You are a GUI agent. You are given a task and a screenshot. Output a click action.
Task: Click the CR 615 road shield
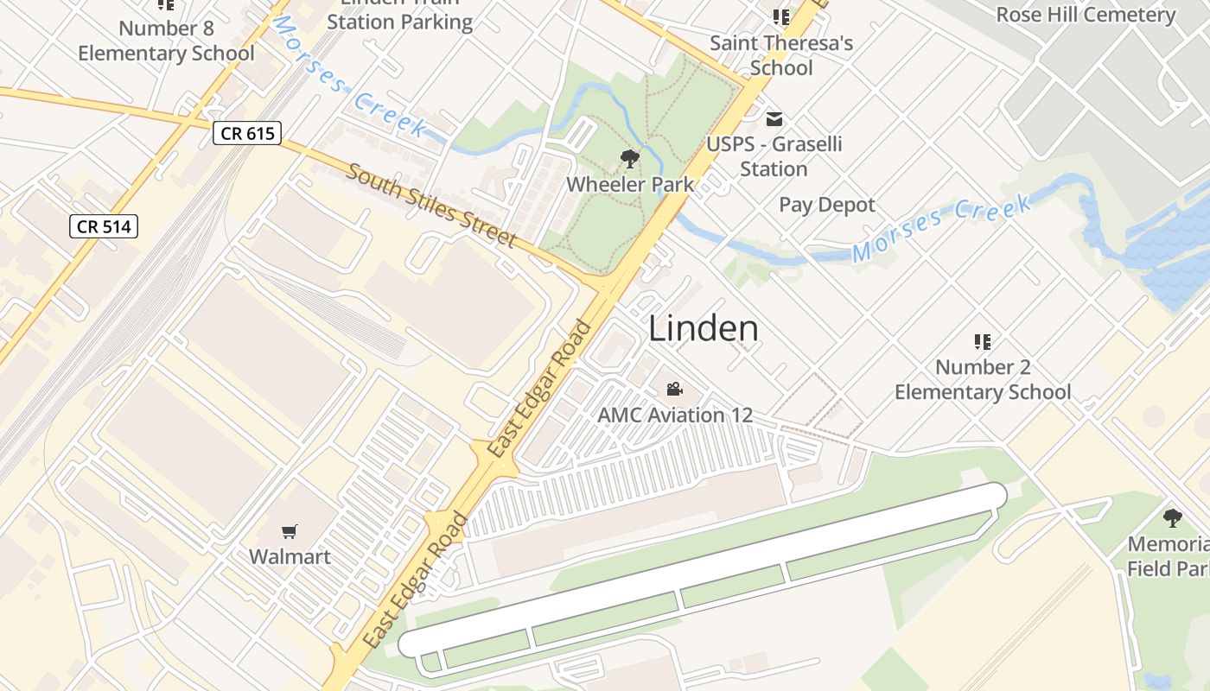coord(247,133)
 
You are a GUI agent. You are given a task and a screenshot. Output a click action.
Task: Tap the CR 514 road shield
coord(104,227)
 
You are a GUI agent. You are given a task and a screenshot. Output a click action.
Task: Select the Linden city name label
coord(704,329)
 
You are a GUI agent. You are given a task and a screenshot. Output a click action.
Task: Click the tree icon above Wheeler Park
coord(630,159)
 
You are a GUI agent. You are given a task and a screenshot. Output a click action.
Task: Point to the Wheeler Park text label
coord(630,184)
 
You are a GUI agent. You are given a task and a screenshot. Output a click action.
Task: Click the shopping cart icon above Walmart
coord(290,531)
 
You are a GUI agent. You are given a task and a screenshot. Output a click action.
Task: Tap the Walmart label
coord(290,556)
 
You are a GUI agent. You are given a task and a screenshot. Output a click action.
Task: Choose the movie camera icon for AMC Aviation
coord(675,390)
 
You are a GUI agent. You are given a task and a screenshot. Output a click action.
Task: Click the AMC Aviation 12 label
coord(675,415)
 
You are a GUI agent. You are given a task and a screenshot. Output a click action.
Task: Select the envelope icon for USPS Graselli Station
coord(774,118)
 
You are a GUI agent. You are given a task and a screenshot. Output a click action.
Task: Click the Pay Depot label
coord(827,205)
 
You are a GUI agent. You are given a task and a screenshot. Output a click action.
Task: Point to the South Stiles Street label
coord(432,205)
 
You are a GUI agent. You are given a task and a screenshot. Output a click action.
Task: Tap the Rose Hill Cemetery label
coord(1086,15)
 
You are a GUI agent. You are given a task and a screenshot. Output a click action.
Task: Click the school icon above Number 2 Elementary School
coord(982,342)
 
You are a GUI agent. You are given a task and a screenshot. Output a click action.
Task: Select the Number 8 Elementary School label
coord(166,41)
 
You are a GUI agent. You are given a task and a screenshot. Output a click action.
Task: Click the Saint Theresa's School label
coord(781,54)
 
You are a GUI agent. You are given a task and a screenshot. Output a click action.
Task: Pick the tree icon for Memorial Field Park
coord(1172,518)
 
